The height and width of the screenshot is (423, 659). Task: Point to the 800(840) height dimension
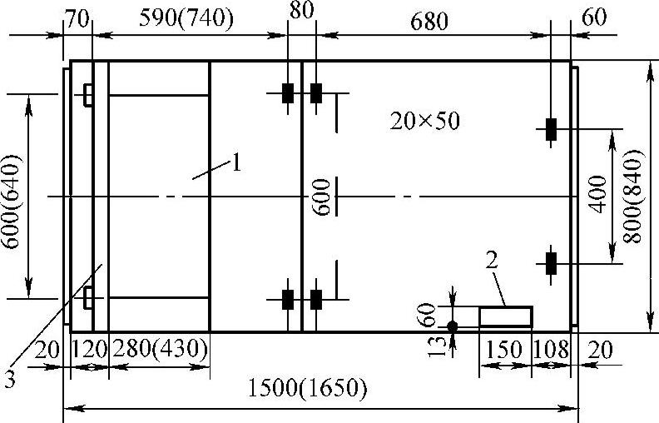click(637, 197)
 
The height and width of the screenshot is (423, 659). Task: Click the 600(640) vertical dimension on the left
click(12, 197)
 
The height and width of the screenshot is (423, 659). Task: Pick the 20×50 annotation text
click(424, 122)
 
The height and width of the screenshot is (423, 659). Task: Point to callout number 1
click(237, 162)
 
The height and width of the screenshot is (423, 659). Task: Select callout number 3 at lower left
click(9, 380)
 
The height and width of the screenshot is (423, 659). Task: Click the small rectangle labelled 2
click(505, 316)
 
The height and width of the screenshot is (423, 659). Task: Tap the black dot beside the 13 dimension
click(453, 326)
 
